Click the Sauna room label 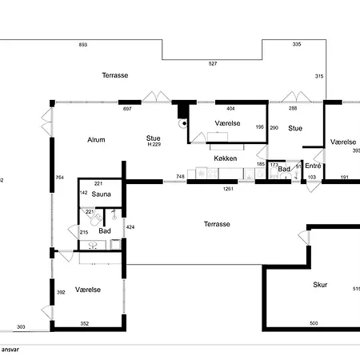coord(101,194)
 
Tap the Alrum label coord(96,140)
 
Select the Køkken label coord(226,158)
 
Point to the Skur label coord(320,285)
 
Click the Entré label coord(313,166)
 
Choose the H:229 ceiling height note coord(154,144)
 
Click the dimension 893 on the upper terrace coord(83,45)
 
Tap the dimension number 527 coord(213,63)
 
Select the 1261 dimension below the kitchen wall coord(228,189)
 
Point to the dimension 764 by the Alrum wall coord(60,178)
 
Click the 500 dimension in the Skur coord(314,323)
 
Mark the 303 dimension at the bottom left coord(21,326)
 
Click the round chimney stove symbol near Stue coord(184,123)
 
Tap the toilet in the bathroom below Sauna coord(96,219)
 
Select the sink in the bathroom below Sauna coord(93,244)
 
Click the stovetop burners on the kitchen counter coord(212,174)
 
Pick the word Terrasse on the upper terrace coord(115,75)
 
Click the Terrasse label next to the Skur coord(217,224)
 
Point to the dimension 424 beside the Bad coord(130,227)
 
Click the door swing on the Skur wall coord(302,238)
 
